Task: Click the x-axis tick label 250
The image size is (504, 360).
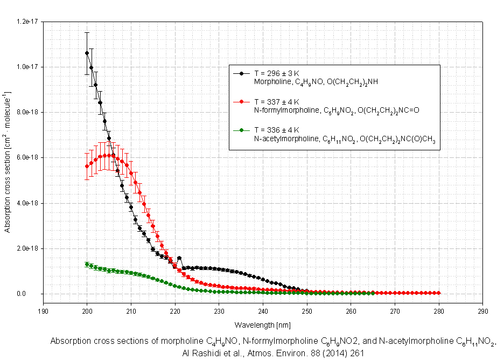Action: pyautogui.click(x=306, y=311)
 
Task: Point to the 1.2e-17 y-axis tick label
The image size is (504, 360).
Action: pyautogui.click(x=26, y=21)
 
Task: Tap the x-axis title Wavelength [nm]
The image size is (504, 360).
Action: pyautogui.click(x=263, y=325)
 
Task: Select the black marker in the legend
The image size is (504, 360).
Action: pyautogui.click(x=242, y=73)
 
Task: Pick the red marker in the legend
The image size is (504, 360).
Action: pyautogui.click(x=242, y=101)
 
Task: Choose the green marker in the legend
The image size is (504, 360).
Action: pyautogui.click(x=242, y=130)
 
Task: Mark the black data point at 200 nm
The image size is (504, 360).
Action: pyautogui.click(x=87, y=53)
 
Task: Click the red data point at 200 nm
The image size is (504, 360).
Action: pyautogui.click(x=87, y=166)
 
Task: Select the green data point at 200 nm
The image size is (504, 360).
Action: pyautogui.click(x=87, y=264)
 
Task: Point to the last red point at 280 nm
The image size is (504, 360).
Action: pyautogui.click(x=438, y=293)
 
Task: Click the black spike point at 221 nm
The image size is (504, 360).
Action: pyautogui.click(x=179, y=258)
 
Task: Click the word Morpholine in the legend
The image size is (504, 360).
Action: pyautogui.click(x=271, y=82)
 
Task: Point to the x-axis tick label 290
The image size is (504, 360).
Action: pyautogui.click(x=482, y=311)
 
